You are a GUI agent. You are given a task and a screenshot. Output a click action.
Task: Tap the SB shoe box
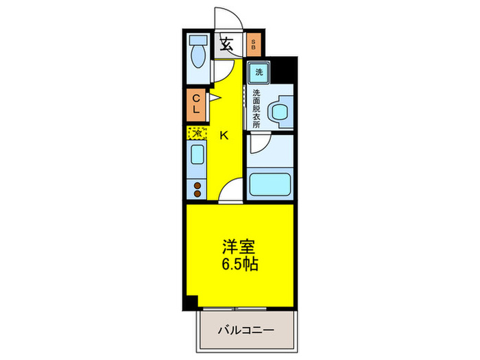253,46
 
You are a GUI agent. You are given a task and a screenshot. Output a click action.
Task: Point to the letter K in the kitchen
224,135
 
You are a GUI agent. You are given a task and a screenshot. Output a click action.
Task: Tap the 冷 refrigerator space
195,133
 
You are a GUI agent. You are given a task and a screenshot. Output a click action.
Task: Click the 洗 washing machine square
259,72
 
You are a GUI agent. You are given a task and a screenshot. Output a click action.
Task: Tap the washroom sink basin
279,112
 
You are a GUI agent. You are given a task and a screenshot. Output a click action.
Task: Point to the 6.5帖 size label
239,265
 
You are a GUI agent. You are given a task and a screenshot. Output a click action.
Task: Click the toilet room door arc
221,69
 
